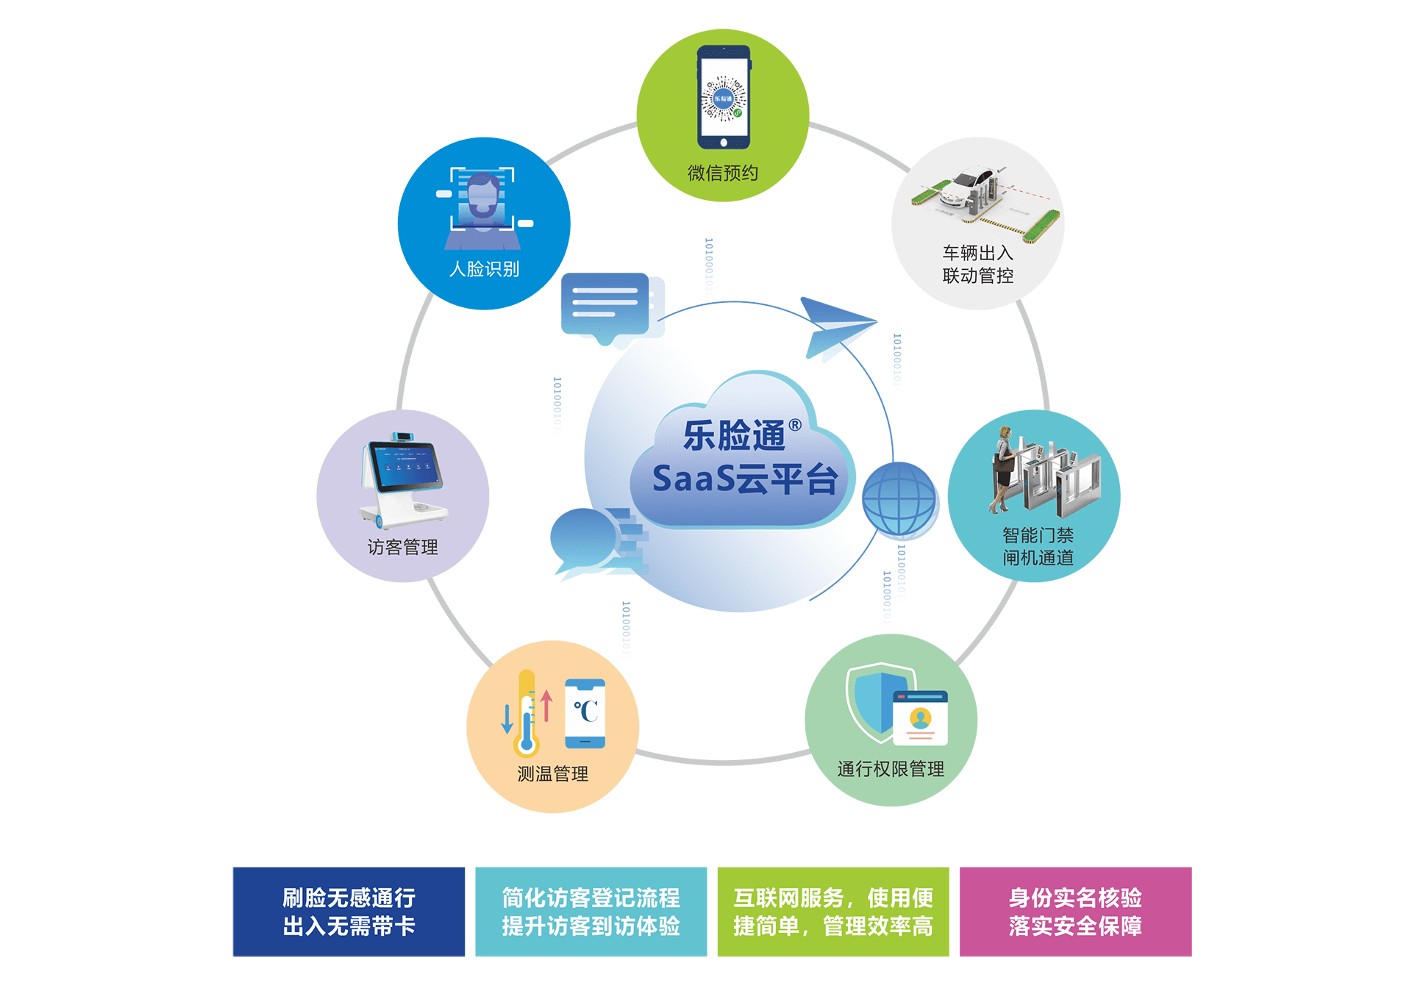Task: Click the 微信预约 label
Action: pos(722,173)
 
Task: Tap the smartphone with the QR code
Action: pos(724,98)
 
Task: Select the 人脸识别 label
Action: pos(484,269)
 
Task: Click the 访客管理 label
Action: pos(402,547)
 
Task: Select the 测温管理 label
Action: pos(552,773)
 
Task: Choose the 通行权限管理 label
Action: pos(891,769)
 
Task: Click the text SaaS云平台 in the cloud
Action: pos(744,479)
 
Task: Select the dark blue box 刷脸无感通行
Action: pos(349,912)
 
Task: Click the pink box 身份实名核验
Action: pos(1075,912)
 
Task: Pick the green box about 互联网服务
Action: pos(833,912)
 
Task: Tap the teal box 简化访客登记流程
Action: pos(591,912)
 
